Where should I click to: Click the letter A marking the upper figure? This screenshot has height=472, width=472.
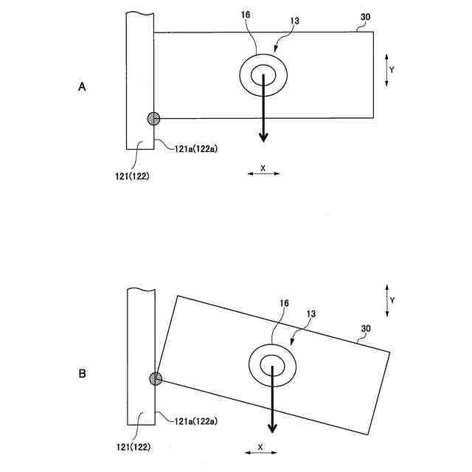pos(83,87)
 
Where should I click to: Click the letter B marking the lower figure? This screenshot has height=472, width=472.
pos(83,374)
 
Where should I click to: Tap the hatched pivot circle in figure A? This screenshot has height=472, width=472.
pos(153,118)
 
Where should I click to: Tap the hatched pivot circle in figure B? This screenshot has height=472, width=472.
pos(156,379)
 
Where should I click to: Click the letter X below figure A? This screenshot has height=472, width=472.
pos(263,167)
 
